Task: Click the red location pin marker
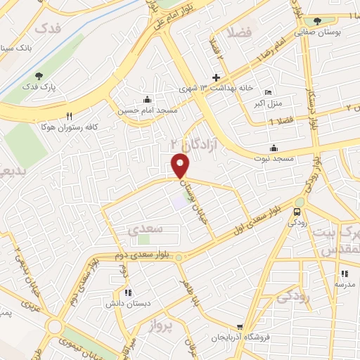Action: (181, 166)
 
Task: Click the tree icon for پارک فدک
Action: (38, 76)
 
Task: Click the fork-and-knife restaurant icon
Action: (68, 116)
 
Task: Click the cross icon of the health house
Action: (216, 77)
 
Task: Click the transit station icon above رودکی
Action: (297, 212)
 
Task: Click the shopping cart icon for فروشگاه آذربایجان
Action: (240, 327)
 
